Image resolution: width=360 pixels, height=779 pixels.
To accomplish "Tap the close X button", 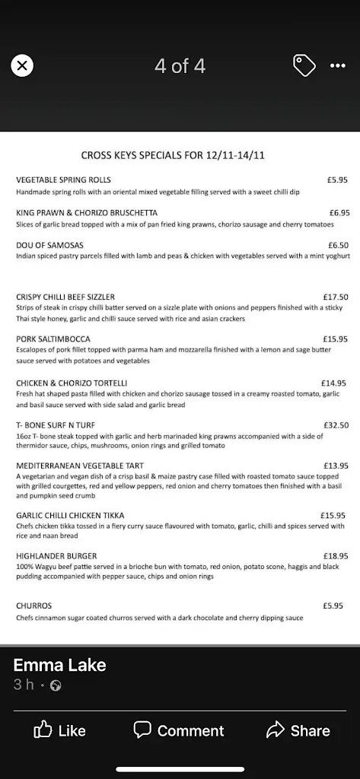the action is point(22,66).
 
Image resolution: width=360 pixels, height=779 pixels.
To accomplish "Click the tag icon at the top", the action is point(304,66).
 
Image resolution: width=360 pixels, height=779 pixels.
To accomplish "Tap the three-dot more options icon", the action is point(338,66).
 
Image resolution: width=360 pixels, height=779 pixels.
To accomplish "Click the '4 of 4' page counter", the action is point(180,66).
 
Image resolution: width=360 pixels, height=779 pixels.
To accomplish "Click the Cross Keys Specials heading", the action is point(173,155).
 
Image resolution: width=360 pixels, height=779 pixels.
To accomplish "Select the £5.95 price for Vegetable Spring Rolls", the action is point(337,180).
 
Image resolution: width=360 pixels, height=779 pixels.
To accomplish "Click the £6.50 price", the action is point(339,246).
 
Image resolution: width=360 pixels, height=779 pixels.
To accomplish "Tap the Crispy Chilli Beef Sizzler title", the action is point(65,297).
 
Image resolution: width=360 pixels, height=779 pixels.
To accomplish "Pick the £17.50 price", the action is point(336,297).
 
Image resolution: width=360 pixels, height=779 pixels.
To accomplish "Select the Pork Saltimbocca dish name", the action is point(53,339).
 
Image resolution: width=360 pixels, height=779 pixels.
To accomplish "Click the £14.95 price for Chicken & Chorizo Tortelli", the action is point(334,383).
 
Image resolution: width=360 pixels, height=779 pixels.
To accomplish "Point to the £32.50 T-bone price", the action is point(336,425).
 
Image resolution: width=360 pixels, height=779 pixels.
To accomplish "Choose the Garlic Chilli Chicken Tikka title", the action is point(70,516).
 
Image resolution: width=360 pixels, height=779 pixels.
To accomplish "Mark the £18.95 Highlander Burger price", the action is point(336,557).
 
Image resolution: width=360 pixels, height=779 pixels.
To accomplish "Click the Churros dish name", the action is point(34,606).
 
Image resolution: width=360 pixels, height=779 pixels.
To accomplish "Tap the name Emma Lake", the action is point(59,666).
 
